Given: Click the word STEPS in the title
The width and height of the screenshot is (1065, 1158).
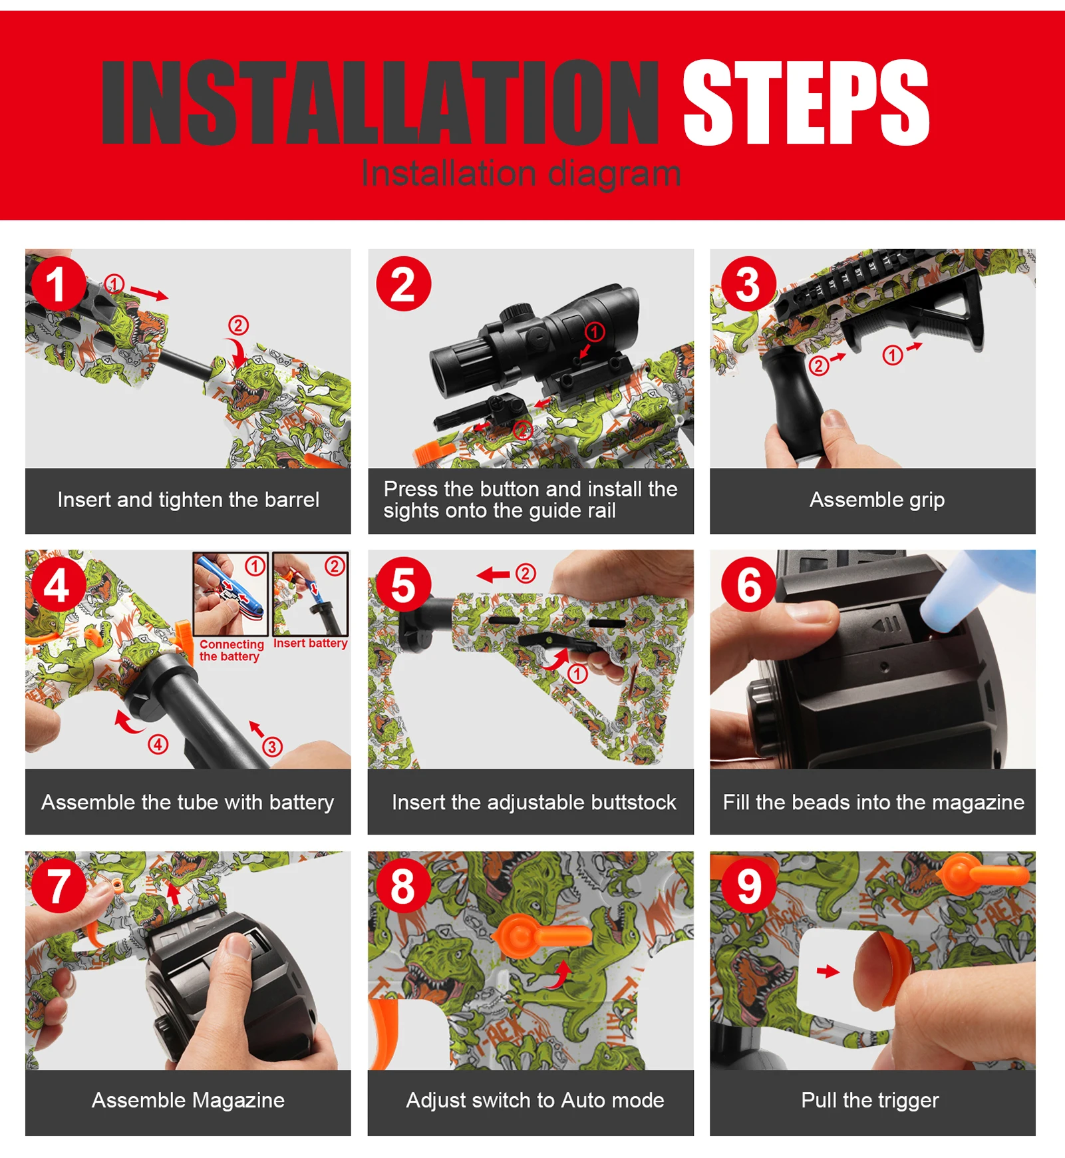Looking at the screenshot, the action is (806, 102).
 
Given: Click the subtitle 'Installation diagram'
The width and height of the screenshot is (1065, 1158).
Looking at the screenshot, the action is (521, 174).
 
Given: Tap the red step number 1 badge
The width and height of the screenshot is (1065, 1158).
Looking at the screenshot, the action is (58, 284).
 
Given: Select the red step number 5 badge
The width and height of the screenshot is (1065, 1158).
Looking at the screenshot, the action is (404, 584).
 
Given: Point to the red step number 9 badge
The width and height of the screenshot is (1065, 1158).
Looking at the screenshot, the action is (749, 886).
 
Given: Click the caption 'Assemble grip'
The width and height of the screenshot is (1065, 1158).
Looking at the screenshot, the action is (877, 500).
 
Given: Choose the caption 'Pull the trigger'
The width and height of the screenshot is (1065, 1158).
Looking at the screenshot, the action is (870, 1100).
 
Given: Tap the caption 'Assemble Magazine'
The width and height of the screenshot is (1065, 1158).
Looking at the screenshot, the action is (188, 1100).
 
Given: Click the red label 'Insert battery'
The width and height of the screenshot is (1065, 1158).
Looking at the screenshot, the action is (311, 643).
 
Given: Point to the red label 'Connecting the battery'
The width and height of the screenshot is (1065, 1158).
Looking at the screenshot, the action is (231, 650).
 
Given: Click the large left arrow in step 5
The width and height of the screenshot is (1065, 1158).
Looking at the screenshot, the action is (494, 574).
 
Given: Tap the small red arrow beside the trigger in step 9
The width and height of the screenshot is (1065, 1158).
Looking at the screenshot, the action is (828, 972).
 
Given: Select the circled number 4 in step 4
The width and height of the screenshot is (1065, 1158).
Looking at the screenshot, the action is (158, 744).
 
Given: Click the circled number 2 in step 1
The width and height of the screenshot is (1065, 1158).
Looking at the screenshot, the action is (238, 325).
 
